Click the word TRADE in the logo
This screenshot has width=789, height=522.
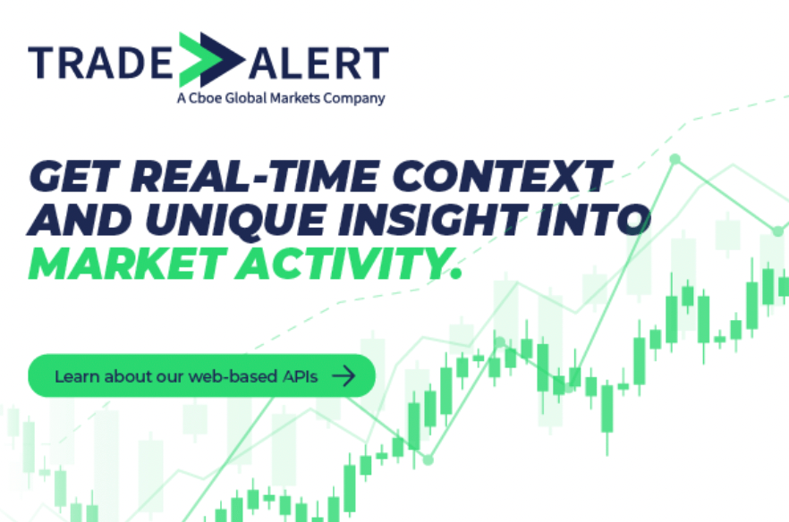pyautogui.click(x=100, y=63)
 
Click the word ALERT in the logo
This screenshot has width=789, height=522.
pyautogui.click(x=318, y=63)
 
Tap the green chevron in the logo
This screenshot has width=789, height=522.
pyautogui.click(x=195, y=59)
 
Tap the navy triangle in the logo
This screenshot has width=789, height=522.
pyautogui.click(x=223, y=59)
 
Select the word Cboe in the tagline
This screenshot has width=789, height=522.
pyautogui.click(x=206, y=97)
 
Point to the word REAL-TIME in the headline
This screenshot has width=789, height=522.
pyautogui.click(x=255, y=176)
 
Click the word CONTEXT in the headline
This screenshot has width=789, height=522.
pyautogui.click(x=502, y=176)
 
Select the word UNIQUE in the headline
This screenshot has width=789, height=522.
pyautogui.click(x=236, y=220)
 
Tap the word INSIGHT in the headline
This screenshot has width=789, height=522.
pyautogui.click(x=433, y=220)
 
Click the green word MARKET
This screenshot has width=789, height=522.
pyautogui.click(x=126, y=264)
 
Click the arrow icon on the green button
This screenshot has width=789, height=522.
pyautogui.click(x=344, y=375)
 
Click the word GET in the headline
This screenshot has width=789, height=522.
pyautogui.click(x=74, y=176)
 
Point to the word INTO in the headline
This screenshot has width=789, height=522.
pyautogui.click(x=594, y=220)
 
